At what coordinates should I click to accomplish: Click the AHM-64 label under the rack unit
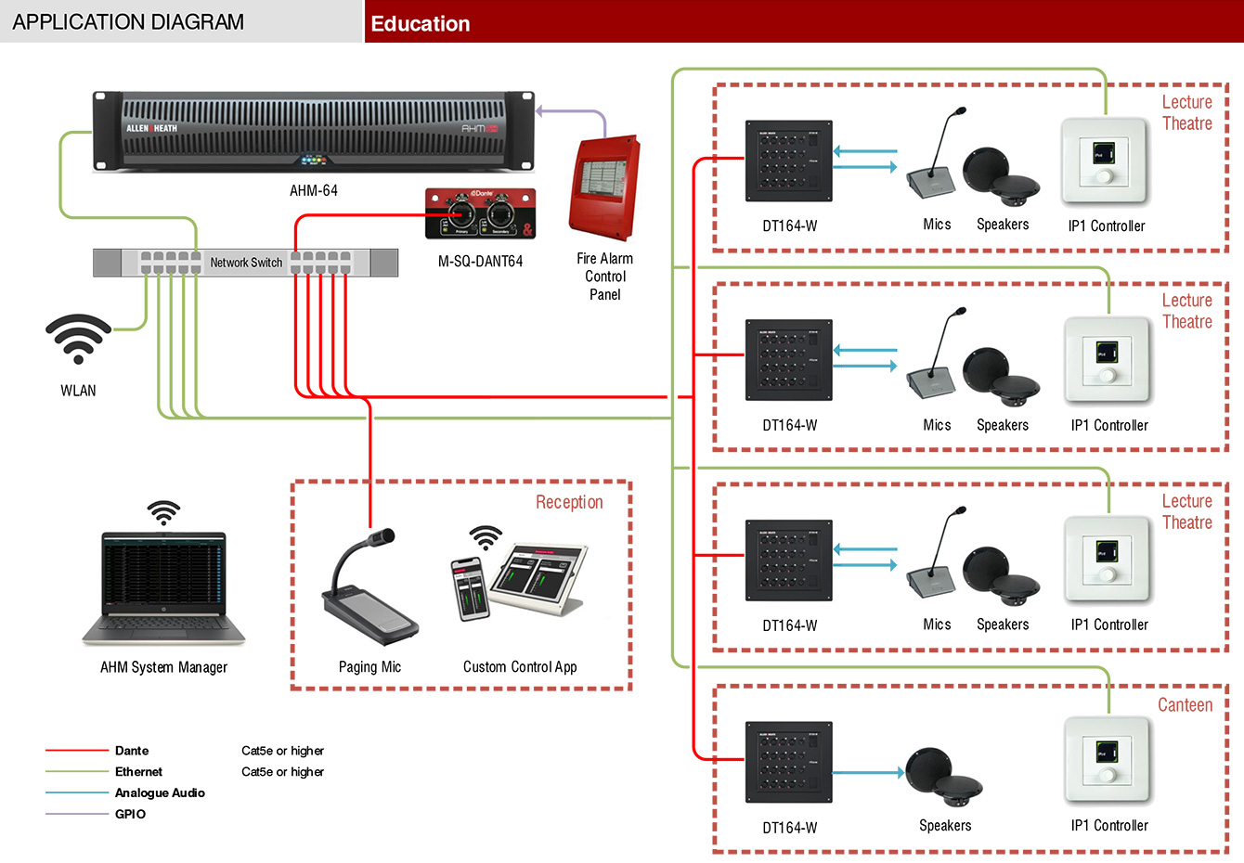click(314, 190)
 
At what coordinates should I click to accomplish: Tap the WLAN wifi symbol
click(78, 339)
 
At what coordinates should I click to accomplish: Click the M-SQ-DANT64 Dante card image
click(480, 213)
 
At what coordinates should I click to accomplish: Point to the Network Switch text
click(246, 263)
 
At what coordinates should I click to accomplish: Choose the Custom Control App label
click(520, 666)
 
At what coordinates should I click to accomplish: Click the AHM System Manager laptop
click(163, 588)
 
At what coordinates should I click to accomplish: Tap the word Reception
click(569, 502)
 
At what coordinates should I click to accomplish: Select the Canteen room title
click(1185, 705)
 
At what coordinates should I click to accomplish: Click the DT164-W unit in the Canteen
click(788, 763)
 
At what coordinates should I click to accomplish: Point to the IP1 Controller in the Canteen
click(1108, 760)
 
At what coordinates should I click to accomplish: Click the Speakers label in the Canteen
click(945, 825)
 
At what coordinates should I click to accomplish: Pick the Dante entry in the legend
click(132, 751)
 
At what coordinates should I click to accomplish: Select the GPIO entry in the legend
click(130, 814)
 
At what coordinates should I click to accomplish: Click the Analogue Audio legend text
click(160, 792)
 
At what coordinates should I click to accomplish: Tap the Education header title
click(421, 24)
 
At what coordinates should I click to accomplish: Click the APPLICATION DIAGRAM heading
click(128, 22)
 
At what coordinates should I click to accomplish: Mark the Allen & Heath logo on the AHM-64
click(151, 128)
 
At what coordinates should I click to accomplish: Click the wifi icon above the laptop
click(163, 512)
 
